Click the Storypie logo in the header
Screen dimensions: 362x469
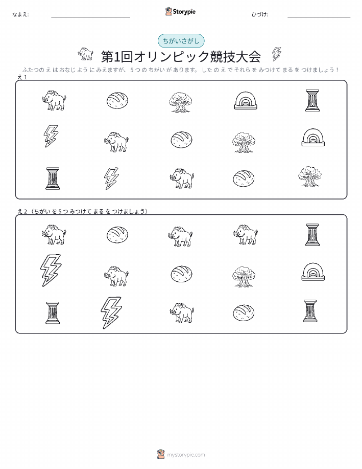coord(180,12)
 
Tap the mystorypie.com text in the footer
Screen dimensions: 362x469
coord(186,455)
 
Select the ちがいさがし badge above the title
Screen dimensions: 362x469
coord(181,41)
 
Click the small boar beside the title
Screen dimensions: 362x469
coord(85,54)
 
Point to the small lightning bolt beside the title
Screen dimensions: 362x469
coord(277,54)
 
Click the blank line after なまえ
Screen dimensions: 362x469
coord(91,17)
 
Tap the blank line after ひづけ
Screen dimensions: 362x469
coord(319,17)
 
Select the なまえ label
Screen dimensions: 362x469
coord(20,14)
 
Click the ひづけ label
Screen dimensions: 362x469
coord(260,14)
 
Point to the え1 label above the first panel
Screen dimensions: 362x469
coord(22,77)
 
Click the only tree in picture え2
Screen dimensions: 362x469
coord(244,276)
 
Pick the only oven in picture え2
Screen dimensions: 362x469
coord(313,272)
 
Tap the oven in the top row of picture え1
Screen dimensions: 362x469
coord(245,100)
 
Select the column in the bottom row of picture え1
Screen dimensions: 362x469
coord(53,178)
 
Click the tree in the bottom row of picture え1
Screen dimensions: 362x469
coord(310,176)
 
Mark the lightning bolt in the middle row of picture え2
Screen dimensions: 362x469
coord(51,271)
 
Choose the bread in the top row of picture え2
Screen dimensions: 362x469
coord(117,234)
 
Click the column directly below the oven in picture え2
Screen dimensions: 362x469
coord(310,311)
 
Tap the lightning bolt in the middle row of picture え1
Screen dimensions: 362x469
coord(51,136)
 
